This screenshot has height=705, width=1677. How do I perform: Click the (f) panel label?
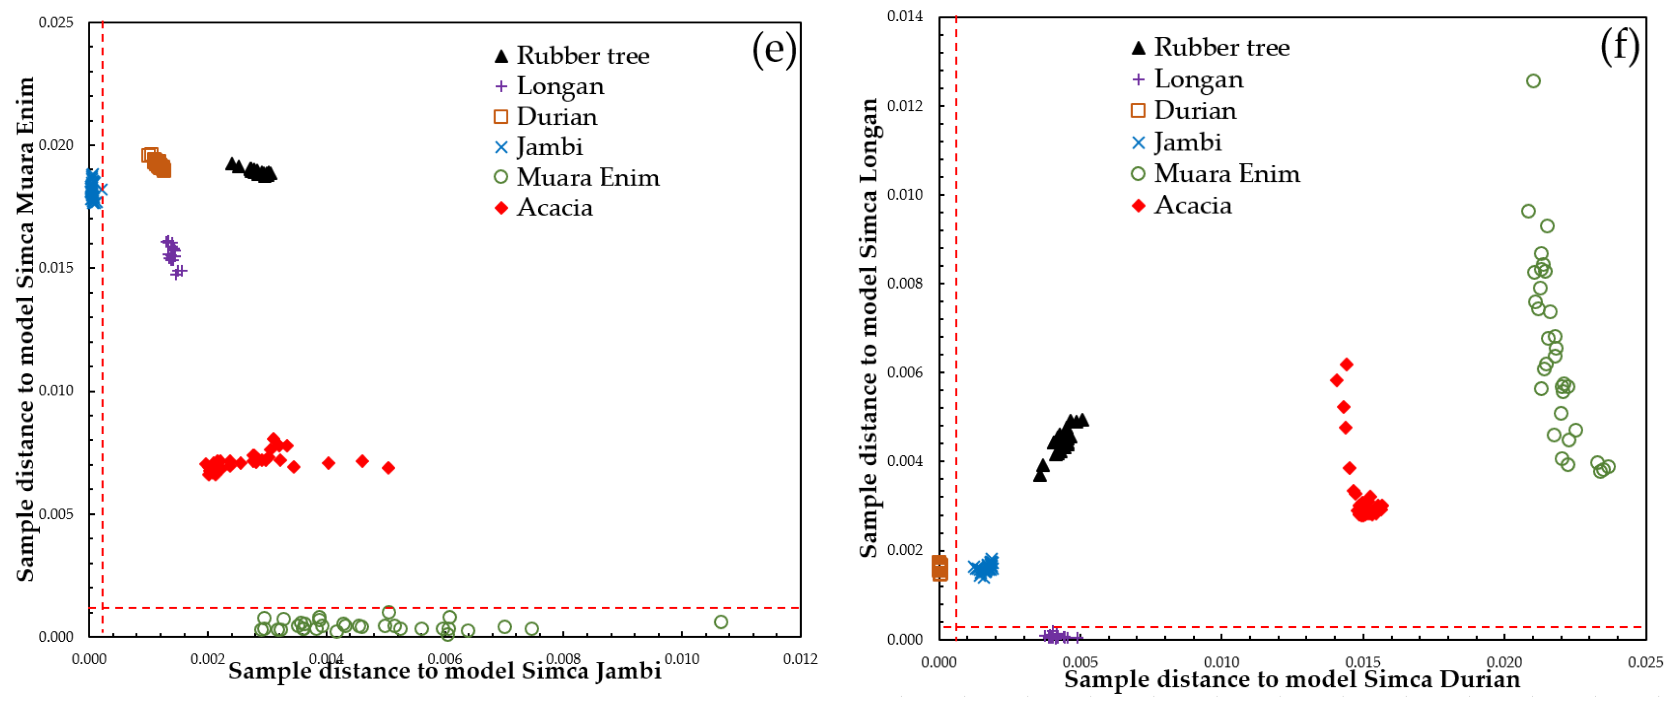1619,46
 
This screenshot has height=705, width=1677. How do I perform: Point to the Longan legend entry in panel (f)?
1188,79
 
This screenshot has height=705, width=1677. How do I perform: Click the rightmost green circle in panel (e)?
720,622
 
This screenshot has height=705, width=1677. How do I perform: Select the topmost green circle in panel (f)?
1533,81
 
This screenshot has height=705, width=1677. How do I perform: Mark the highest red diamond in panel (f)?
1346,365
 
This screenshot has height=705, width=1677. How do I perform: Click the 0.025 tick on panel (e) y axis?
56,22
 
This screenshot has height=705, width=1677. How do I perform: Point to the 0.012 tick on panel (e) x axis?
800,659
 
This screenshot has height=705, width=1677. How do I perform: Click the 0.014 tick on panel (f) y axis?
904,16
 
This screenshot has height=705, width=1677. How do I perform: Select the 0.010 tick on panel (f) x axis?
1221,662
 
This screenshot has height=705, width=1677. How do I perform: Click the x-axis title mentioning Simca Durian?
1292,679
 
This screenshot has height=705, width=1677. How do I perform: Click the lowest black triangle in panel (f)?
1039,475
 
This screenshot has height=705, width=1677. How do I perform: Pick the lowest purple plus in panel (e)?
177,272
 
